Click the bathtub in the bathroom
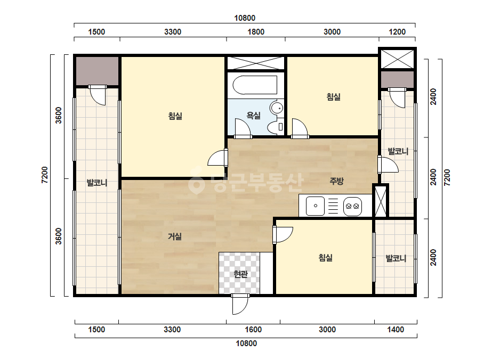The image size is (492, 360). pyautogui.click(x=255, y=85)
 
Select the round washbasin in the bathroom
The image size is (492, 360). pyautogui.click(x=277, y=108)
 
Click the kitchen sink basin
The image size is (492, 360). pyautogui.click(x=315, y=206)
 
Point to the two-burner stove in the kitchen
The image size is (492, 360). pyautogui.click(x=352, y=206)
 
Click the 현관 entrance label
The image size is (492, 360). pyautogui.click(x=240, y=274)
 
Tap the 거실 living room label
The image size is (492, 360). pyautogui.click(x=175, y=236)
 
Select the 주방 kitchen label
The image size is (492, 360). pyautogui.click(x=336, y=181)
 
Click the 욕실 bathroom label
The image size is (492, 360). pyautogui.click(x=254, y=116)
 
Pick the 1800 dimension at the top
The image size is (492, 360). pyautogui.click(x=256, y=31)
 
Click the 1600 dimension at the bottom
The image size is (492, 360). pyautogui.click(x=253, y=330)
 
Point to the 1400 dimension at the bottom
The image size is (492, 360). pyautogui.click(x=396, y=330)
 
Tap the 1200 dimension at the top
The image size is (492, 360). pyautogui.click(x=397, y=31)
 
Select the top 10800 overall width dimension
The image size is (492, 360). pyautogui.click(x=245, y=18)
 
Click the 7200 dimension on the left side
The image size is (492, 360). pyautogui.click(x=45, y=175)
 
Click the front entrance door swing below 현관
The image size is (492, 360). pyautogui.click(x=240, y=304)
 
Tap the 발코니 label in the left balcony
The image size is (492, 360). pyautogui.click(x=97, y=183)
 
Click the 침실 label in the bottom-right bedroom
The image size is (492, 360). pyautogui.click(x=325, y=258)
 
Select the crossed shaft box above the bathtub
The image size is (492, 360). pyautogui.click(x=256, y=63)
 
